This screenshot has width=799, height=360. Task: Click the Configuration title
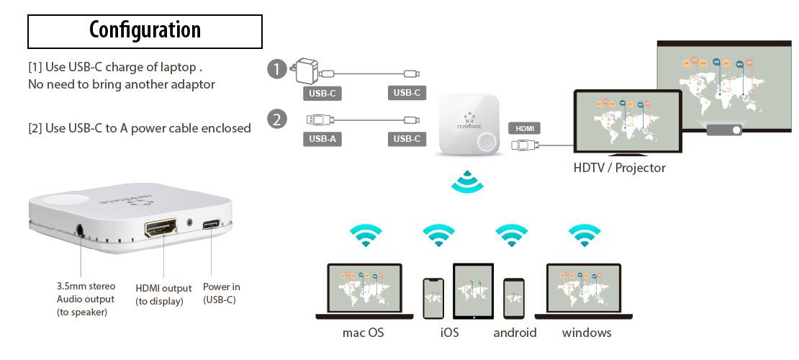pyautogui.click(x=145, y=31)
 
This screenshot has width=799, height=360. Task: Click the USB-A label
pyautogui.click(x=322, y=139)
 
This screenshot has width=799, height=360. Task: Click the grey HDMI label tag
pyautogui.click(x=524, y=128)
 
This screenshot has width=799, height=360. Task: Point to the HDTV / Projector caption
pyautogui.click(x=619, y=168)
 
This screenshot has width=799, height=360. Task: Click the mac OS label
pyautogui.click(x=363, y=333)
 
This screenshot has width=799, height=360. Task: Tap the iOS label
pyautogui.click(x=449, y=333)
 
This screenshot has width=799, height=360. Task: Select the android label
pyautogui.click(x=515, y=333)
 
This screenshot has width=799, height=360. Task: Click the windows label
pyautogui.click(x=587, y=333)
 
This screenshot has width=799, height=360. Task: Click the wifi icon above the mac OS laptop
pyautogui.click(x=366, y=235)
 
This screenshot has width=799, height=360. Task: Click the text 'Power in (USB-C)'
pyautogui.click(x=221, y=293)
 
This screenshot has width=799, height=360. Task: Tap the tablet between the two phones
pyautogui.click(x=473, y=292)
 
